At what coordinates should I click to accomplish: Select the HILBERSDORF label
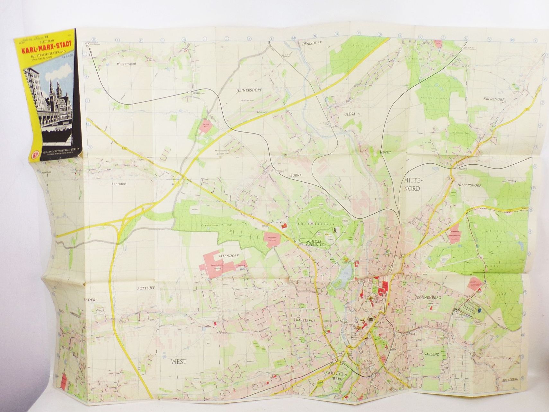[469, 185]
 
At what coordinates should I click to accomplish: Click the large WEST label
[179, 362]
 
